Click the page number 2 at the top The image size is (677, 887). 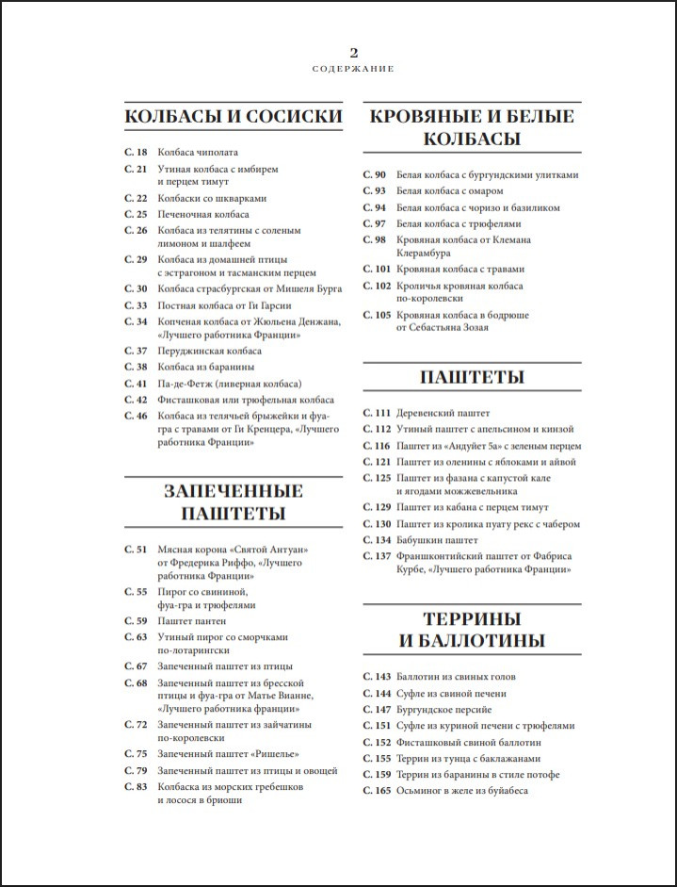[x=352, y=53]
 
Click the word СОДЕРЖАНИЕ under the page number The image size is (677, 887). [x=352, y=69]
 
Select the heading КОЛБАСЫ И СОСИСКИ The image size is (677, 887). [x=233, y=116]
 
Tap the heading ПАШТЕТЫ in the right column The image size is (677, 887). [x=471, y=377]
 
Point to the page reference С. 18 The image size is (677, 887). [x=136, y=152]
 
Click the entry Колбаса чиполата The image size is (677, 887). [x=198, y=152]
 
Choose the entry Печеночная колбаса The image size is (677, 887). [x=203, y=214]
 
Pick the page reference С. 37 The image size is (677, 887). [x=136, y=351]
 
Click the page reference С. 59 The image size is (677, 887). [x=136, y=621]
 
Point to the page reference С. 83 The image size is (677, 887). [x=136, y=786]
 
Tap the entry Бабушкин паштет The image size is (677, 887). [x=437, y=540]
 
